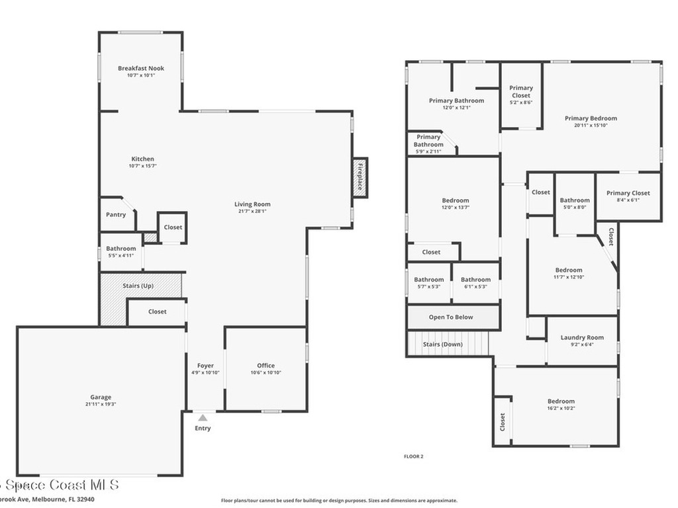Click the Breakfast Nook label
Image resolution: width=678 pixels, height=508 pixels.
click(141, 68)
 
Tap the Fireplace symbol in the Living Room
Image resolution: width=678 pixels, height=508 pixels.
click(360, 177)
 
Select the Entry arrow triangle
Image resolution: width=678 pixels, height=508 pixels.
click(203, 417)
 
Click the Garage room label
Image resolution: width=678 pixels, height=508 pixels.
click(101, 397)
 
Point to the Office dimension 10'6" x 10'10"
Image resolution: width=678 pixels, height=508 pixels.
click(266, 373)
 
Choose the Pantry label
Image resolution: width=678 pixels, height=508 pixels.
click(116, 214)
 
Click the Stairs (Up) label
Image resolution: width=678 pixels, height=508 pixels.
click(138, 286)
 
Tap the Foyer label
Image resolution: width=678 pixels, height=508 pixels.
click(205, 366)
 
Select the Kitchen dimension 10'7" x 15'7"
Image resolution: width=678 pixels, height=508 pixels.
click(142, 166)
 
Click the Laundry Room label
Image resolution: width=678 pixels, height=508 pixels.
click(582, 337)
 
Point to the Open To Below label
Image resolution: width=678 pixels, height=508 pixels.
click(451, 317)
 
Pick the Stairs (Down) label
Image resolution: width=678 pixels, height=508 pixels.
click(442, 344)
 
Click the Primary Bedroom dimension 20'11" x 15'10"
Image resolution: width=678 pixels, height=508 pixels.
click(591, 125)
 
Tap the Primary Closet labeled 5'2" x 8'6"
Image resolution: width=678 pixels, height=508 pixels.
click(521, 95)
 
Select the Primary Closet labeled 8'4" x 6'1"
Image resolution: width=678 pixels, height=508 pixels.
click(628, 196)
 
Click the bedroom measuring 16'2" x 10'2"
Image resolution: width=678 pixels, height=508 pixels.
click(561, 404)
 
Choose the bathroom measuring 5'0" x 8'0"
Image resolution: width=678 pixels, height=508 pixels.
click(575, 203)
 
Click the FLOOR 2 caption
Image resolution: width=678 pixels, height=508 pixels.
click(413, 456)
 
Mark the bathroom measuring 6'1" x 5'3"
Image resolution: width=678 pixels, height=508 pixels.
click(475, 282)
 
